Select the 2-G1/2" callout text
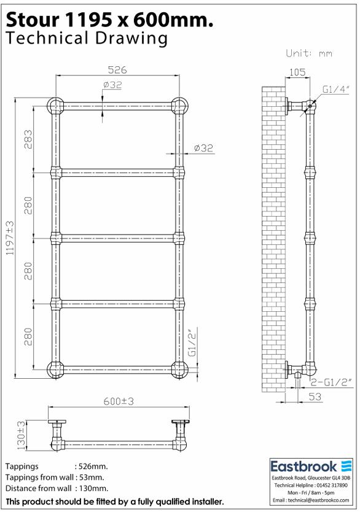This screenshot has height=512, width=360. pos(331,382)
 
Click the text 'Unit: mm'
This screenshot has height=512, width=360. pos(310,53)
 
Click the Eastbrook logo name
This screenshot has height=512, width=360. pos(305,467)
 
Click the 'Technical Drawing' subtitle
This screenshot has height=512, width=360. pos(86,39)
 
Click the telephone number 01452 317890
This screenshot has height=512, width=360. pos(329,485)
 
